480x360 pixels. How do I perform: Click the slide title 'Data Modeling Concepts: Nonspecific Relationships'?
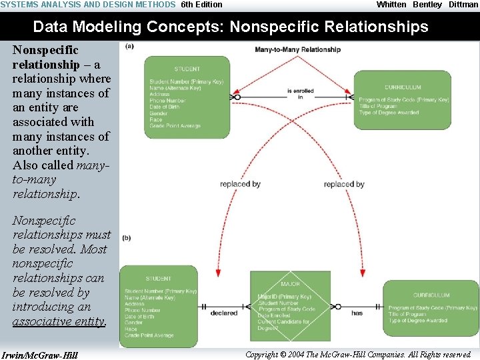pos(231,27)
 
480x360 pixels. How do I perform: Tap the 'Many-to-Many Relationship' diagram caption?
pos(297,49)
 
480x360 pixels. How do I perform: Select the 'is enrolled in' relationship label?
pos(300,94)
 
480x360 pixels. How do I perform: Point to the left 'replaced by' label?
pos(240,184)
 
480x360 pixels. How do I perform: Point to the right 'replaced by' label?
pos(344,184)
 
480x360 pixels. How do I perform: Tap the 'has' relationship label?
pos(357,312)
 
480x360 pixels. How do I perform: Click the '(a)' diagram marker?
pos(129,46)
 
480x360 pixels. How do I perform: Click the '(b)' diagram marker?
pos(127,237)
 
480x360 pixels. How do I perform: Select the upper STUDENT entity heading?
pos(187,69)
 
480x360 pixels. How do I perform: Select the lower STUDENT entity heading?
pos(158,279)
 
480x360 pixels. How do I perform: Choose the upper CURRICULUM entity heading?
pos(403,87)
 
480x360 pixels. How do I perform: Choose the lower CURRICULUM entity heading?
pos(431,295)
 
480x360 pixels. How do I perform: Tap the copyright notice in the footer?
pos(358,354)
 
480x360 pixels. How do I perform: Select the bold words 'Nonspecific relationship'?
pos(45,57)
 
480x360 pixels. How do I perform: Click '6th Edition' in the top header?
pos(201,5)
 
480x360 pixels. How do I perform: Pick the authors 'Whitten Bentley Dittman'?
pos(427,5)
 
